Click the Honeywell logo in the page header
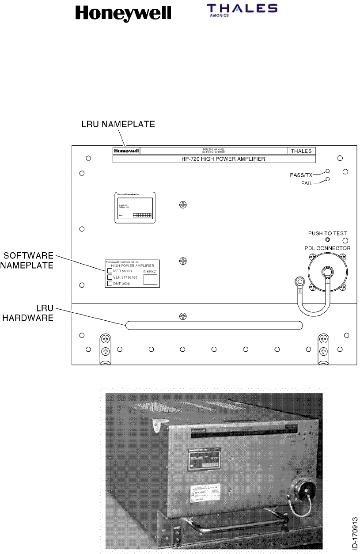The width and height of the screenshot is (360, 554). coord(123,13)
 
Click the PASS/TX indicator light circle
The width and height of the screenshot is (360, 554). coord(327,171)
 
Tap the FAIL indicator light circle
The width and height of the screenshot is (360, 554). coord(327,179)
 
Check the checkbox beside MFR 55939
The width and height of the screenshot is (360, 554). coord(110,271)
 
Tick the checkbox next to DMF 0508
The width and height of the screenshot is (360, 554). coord(110,283)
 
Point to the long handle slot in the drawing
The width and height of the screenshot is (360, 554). coord(214,326)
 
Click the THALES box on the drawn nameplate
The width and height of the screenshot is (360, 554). coord(301,151)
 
